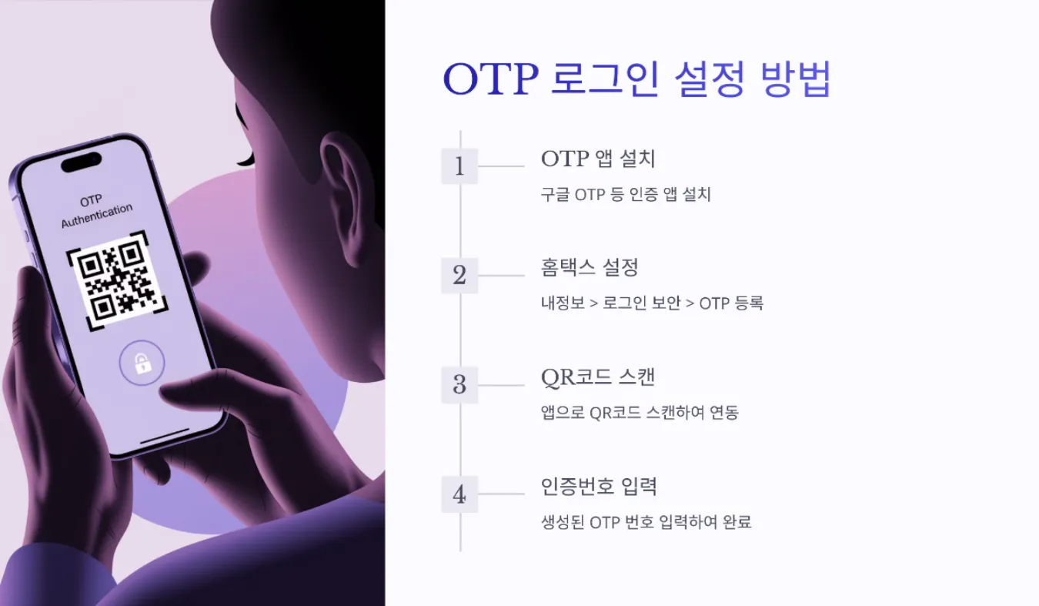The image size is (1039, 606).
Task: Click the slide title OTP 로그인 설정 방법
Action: tap(636, 80)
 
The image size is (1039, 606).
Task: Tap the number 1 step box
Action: tap(459, 166)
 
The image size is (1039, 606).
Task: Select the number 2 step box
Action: tap(459, 276)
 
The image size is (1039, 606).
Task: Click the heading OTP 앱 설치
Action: tap(598, 159)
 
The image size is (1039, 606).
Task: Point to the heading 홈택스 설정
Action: tap(590, 268)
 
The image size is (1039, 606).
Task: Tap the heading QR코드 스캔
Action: tap(597, 378)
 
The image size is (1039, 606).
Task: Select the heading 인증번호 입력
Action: tap(599, 487)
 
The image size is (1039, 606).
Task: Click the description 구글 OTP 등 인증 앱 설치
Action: tap(626, 195)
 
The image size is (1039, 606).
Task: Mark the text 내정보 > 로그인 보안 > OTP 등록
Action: tap(652, 303)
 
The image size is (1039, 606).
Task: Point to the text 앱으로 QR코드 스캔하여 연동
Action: tap(640, 413)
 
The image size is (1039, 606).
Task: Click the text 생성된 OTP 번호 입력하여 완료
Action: tap(646, 523)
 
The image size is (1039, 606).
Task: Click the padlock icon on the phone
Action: tap(142, 363)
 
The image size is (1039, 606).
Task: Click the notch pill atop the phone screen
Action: tap(81, 162)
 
